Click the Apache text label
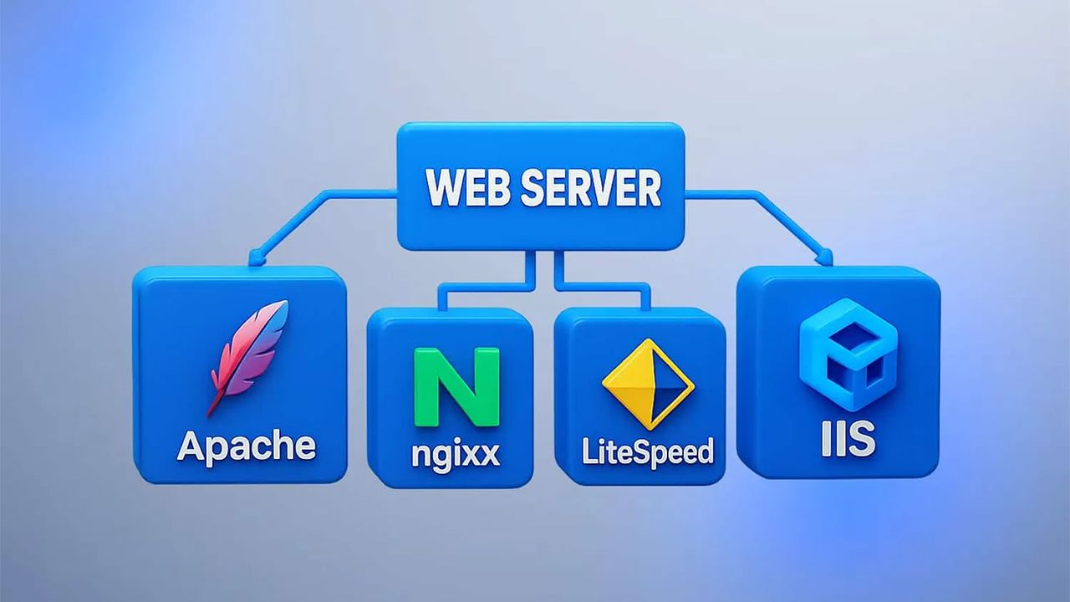click(247, 446)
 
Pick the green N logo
click(456, 387)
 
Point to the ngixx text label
click(456, 453)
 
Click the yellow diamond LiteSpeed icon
click(648, 384)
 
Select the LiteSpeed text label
click(648, 451)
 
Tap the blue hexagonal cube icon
click(848, 355)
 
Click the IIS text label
click(848, 438)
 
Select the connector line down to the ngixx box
click(482, 285)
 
